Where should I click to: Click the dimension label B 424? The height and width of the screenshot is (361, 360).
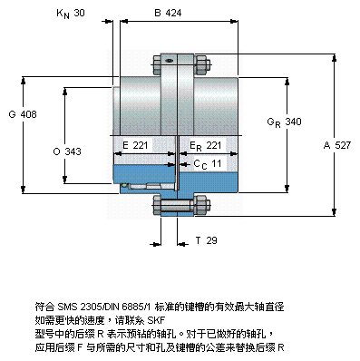point(168,13)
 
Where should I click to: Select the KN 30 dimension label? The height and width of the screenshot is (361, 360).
point(71,14)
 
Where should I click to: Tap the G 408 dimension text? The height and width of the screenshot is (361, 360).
point(23,114)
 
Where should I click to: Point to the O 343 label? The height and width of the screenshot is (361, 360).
point(67,151)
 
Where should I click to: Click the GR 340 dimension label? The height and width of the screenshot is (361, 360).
point(284,122)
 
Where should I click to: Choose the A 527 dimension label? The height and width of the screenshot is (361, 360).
point(337,145)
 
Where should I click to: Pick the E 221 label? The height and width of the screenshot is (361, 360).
point(135,145)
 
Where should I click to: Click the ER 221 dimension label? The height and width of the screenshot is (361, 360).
point(206,146)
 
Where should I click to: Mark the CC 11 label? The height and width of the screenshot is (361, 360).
point(208,164)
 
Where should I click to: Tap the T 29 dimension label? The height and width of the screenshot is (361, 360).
point(206,240)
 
